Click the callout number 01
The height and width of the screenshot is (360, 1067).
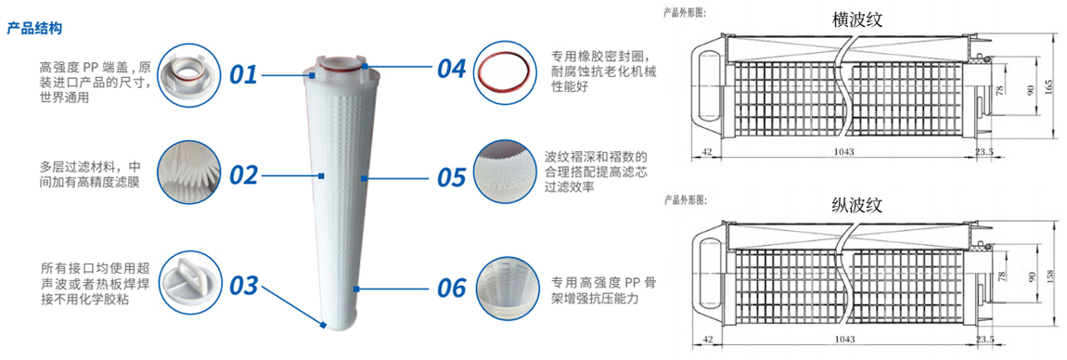point(243,73)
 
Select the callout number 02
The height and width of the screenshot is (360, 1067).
point(244,174)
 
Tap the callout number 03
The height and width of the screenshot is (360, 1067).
point(244,287)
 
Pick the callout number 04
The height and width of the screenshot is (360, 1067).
point(451,68)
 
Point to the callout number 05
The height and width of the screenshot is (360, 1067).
point(451,177)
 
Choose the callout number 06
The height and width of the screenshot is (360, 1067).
point(451,287)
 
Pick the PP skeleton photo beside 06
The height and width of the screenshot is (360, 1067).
point(504,286)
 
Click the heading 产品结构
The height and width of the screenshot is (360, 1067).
point(34,29)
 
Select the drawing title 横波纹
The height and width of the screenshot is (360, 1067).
point(856,19)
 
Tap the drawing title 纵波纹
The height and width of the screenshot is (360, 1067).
point(856,204)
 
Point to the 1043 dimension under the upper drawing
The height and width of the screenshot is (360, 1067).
point(843,152)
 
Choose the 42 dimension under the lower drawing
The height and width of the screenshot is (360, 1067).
point(709,339)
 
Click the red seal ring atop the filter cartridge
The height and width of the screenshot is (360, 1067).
point(341,67)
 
